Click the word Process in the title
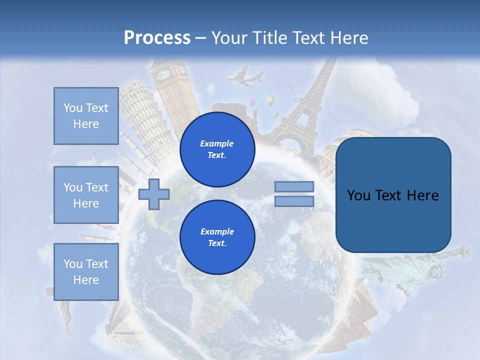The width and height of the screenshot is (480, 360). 157,37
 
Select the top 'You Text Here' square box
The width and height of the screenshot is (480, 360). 86,116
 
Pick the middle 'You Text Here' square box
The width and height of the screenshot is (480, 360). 86,195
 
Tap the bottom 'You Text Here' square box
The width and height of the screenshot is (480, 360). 86,271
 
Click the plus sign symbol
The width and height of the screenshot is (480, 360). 153,194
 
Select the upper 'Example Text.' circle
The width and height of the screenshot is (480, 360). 217,149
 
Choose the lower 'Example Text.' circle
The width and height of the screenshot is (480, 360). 217,237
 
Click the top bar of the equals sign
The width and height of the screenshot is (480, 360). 294,186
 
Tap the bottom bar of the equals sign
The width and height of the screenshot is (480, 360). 294,201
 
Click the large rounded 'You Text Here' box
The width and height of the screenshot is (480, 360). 393,195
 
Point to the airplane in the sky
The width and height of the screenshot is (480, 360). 244,78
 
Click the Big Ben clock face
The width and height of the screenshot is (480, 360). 163,74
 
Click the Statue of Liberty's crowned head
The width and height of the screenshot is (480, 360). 436,272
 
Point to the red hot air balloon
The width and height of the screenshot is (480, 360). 253,102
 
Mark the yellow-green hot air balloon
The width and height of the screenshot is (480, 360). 271,101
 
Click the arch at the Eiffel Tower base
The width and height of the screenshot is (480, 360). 292,145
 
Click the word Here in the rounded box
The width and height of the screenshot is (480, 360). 422,195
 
